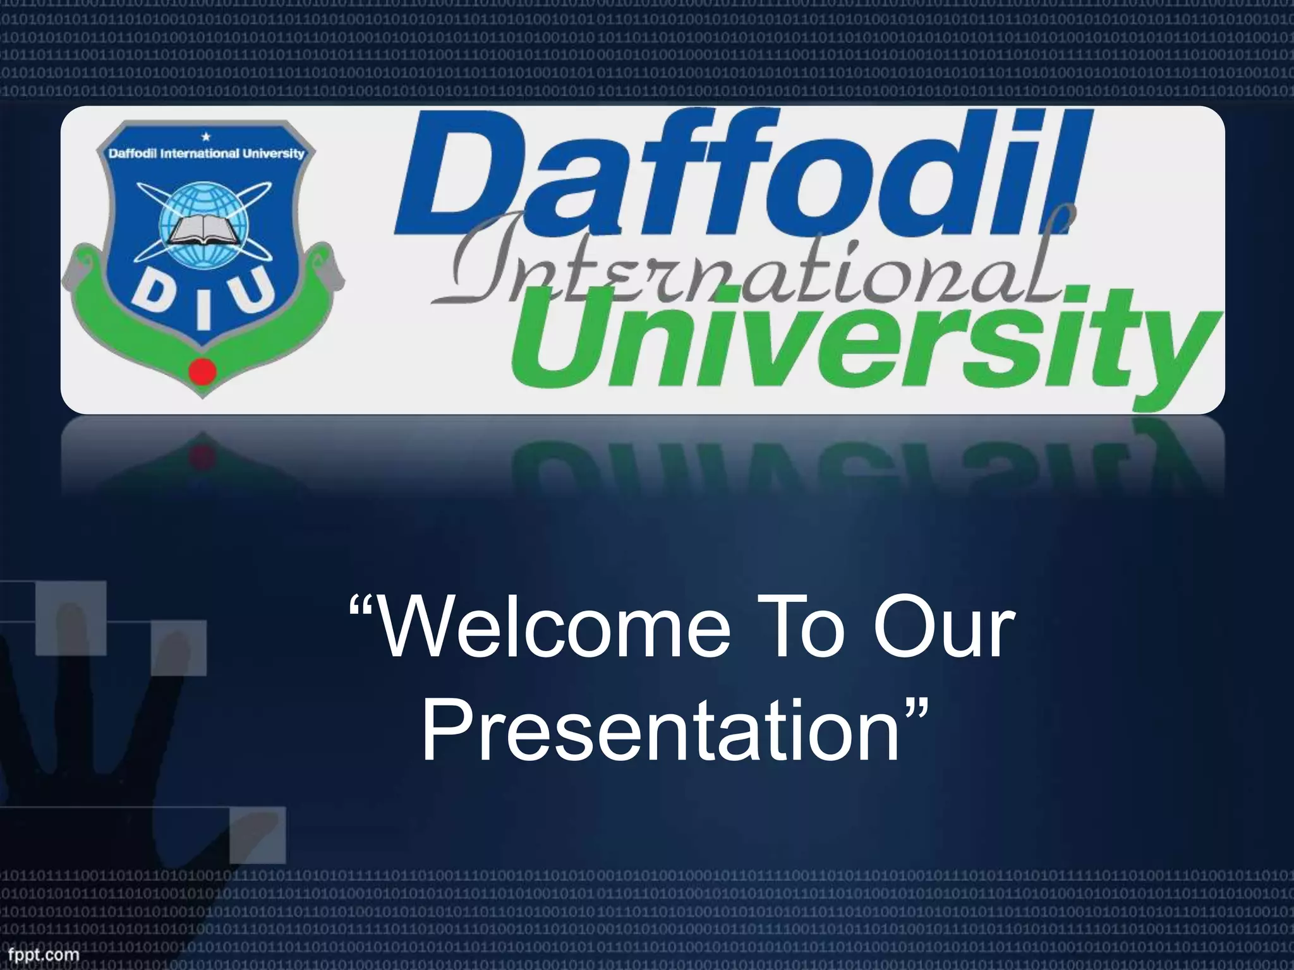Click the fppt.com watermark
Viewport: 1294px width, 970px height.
coord(40,952)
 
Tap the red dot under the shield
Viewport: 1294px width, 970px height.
coord(200,369)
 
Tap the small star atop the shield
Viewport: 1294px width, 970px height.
coord(204,136)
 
